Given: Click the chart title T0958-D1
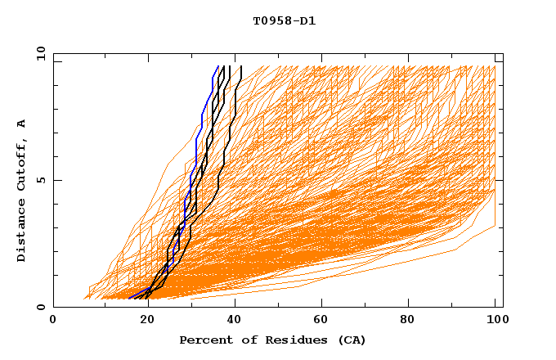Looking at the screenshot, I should coord(284,21).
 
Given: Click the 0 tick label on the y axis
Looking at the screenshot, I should coord(40,308).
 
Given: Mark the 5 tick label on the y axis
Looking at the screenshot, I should coord(40,180).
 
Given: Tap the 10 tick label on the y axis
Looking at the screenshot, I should coord(38,53).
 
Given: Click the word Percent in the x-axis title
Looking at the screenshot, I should coord(202,340).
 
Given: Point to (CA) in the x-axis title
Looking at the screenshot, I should coord(352,340).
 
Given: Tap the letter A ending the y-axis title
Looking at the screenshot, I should coord(22,123).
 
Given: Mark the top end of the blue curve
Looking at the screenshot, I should coord(217,67).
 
